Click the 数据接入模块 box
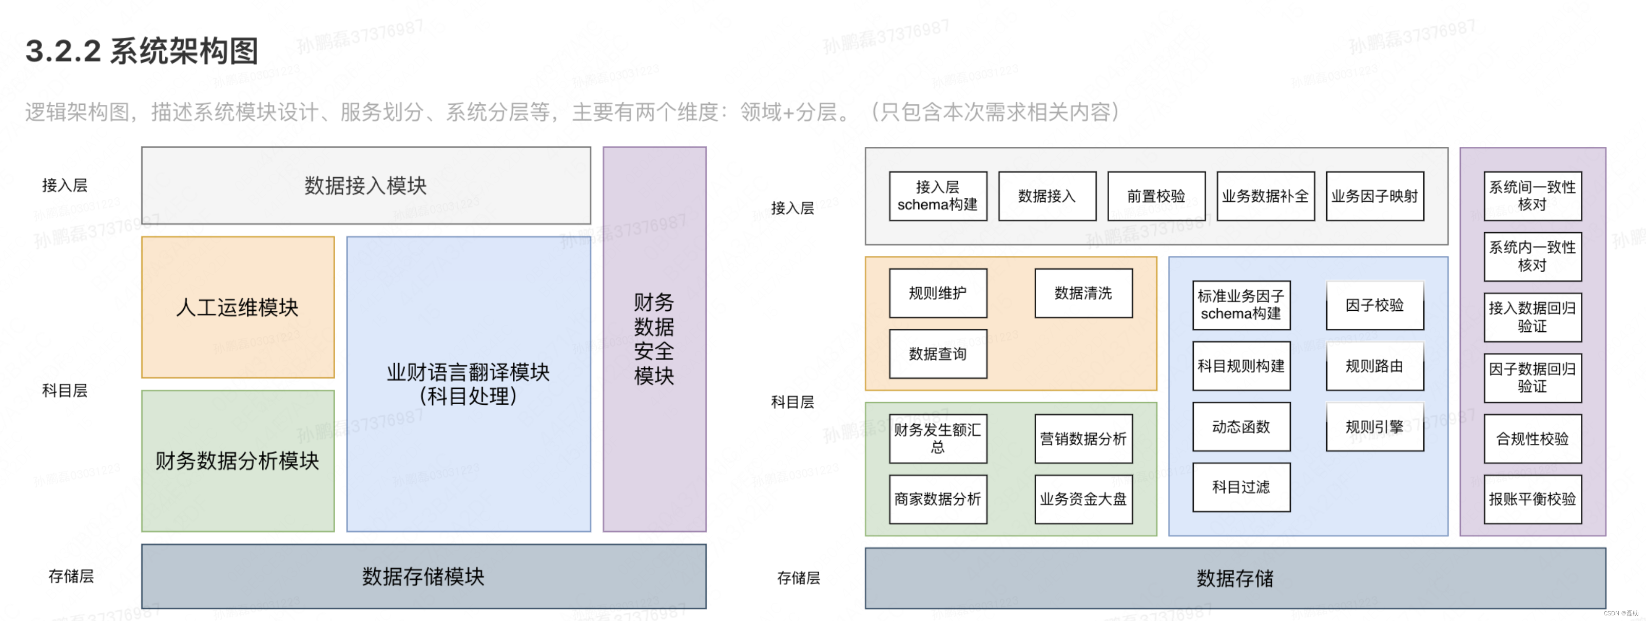point(365,185)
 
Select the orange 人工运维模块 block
point(238,307)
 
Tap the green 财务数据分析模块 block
point(238,460)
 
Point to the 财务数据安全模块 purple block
point(654,339)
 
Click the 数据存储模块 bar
point(423,576)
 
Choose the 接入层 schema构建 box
point(937,196)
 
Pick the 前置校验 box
point(1156,196)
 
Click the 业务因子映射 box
point(1374,196)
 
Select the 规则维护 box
point(937,293)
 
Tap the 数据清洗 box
point(1083,293)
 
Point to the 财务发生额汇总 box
point(937,438)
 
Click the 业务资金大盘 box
point(1083,499)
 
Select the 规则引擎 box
point(1374,426)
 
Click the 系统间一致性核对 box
point(1532,196)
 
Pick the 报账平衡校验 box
point(1532,499)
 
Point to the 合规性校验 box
point(1532,438)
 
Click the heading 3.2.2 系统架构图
point(142,51)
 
